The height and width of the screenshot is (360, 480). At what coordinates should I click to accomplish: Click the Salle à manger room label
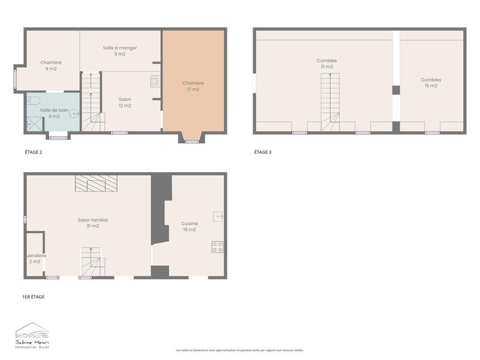point(120,50)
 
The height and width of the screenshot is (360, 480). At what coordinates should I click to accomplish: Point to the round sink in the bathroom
point(73,113)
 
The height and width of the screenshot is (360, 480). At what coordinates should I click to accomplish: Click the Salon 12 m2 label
point(125,102)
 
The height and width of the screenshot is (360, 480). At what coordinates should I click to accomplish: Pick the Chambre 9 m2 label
point(51,65)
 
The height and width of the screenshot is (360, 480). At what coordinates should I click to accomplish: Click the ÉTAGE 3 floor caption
point(262,152)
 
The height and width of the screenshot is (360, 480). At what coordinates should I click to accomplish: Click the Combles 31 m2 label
point(326,63)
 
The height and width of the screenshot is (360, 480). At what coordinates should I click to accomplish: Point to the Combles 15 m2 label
point(431,82)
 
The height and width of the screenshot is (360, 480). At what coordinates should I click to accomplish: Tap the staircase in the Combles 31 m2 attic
point(329,102)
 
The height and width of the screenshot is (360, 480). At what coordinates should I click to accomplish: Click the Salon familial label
point(92,223)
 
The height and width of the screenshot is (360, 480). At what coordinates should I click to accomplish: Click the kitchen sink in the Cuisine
point(218,217)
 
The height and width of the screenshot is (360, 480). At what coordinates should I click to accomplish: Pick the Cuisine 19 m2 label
point(190,226)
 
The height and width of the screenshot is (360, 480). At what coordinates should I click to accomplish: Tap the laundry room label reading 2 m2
point(35,258)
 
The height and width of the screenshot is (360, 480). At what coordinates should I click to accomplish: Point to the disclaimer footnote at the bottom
point(239,350)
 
